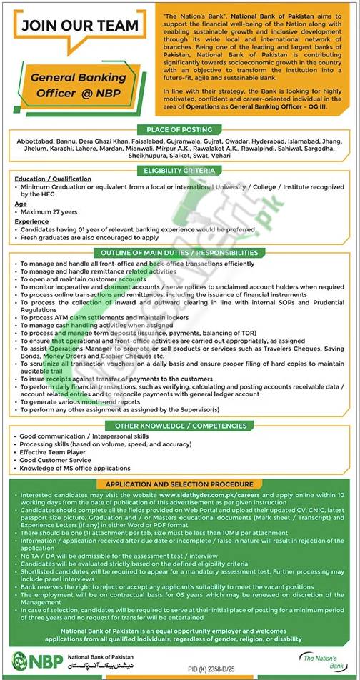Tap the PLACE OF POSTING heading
(180, 129)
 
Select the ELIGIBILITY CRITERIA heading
(179, 171)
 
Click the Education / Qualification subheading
(51, 179)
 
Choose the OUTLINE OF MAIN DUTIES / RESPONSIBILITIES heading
(179, 253)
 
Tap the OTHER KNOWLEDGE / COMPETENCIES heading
(179, 425)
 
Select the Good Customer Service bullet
(54, 461)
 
